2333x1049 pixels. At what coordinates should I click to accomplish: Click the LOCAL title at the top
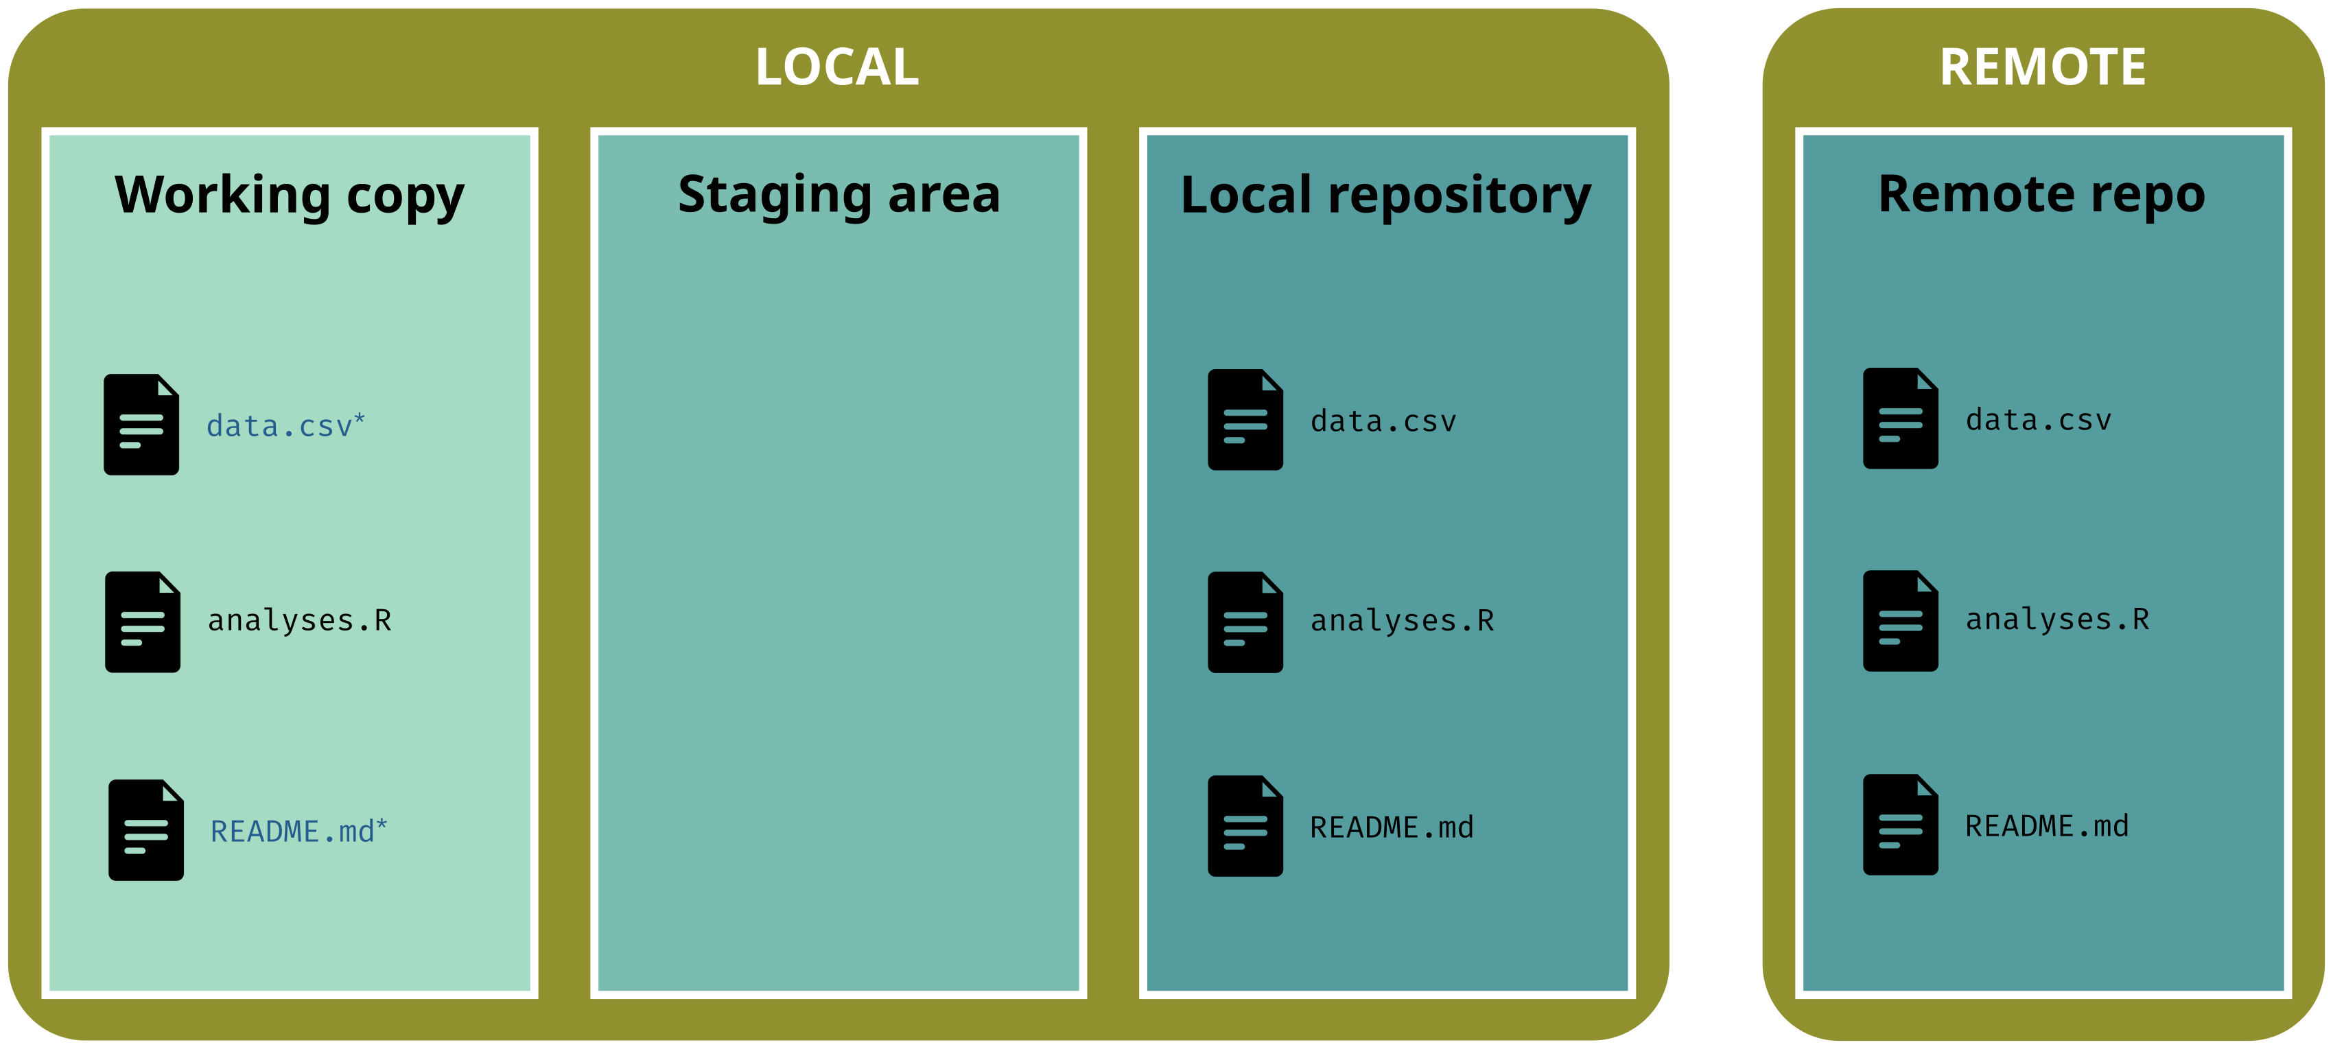(x=837, y=67)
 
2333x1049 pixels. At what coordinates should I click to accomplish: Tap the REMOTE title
(x=2042, y=67)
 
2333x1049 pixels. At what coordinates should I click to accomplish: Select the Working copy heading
(x=289, y=196)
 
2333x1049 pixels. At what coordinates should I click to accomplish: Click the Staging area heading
(x=839, y=196)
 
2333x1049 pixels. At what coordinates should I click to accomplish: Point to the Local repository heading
(x=1385, y=196)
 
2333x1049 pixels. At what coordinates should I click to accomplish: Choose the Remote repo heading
(x=2041, y=196)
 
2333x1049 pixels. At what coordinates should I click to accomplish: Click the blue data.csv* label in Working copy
(x=285, y=426)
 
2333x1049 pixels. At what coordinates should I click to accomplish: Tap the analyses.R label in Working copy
(x=300, y=620)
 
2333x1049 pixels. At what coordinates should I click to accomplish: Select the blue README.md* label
(x=299, y=831)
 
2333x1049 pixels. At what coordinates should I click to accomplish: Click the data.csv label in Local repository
(x=1383, y=421)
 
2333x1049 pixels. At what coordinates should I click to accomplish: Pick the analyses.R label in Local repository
(x=1402, y=620)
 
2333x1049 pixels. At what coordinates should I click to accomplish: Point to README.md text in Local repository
(x=1391, y=827)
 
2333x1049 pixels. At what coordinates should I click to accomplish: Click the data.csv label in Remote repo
(x=2038, y=421)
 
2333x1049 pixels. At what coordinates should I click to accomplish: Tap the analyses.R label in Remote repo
(x=2056, y=620)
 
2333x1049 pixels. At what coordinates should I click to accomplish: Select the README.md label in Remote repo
(x=2047, y=826)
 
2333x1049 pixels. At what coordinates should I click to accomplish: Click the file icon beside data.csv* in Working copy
(x=141, y=424)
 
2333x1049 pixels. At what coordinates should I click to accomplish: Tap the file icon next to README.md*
(x=145, y=829)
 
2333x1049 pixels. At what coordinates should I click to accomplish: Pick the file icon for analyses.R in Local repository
(x=1245, y=622)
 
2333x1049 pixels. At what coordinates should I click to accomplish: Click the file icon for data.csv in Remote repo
(x=1900, y=419)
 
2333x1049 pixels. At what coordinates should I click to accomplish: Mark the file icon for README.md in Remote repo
(x=1900, y=825)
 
